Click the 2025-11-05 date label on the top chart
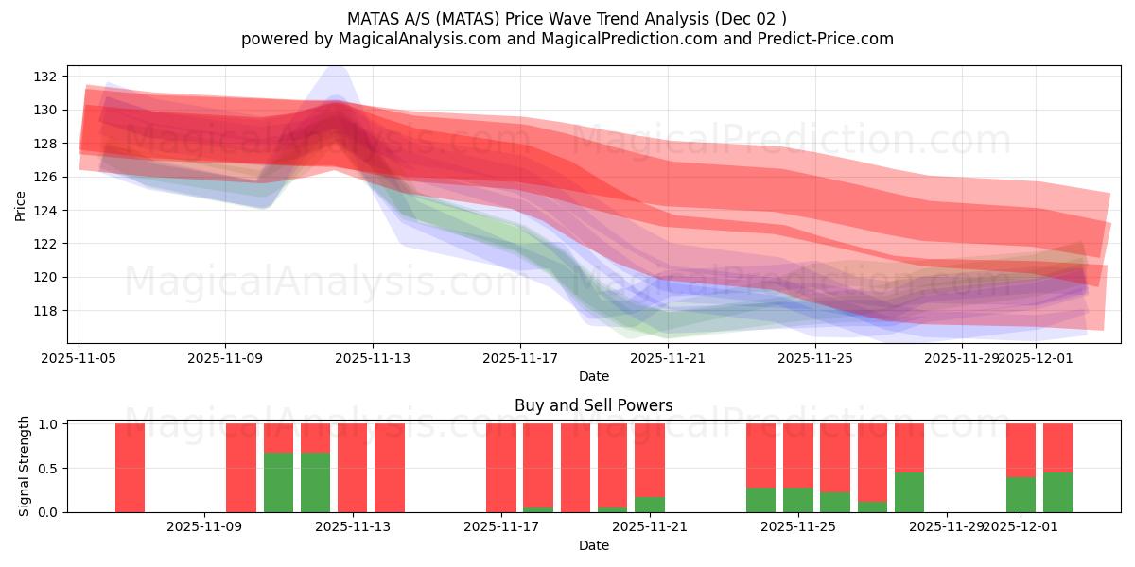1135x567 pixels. tap(79, 358)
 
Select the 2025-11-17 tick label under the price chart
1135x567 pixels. tap(520, 358)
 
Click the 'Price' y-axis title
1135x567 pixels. tap(21, 205)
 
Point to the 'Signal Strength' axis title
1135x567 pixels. tap(25, 466)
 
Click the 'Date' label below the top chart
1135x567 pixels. tap(594, 376)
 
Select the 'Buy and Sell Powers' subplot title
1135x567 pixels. tap(594, 405)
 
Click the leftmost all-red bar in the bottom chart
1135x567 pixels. tap(131, 468)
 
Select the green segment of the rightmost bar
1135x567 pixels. tap(1057, 492)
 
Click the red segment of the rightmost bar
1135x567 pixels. tap(1057, 448)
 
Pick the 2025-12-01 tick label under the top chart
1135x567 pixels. tap(1036, 358)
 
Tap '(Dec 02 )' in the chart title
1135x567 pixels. tap(752, 18)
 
